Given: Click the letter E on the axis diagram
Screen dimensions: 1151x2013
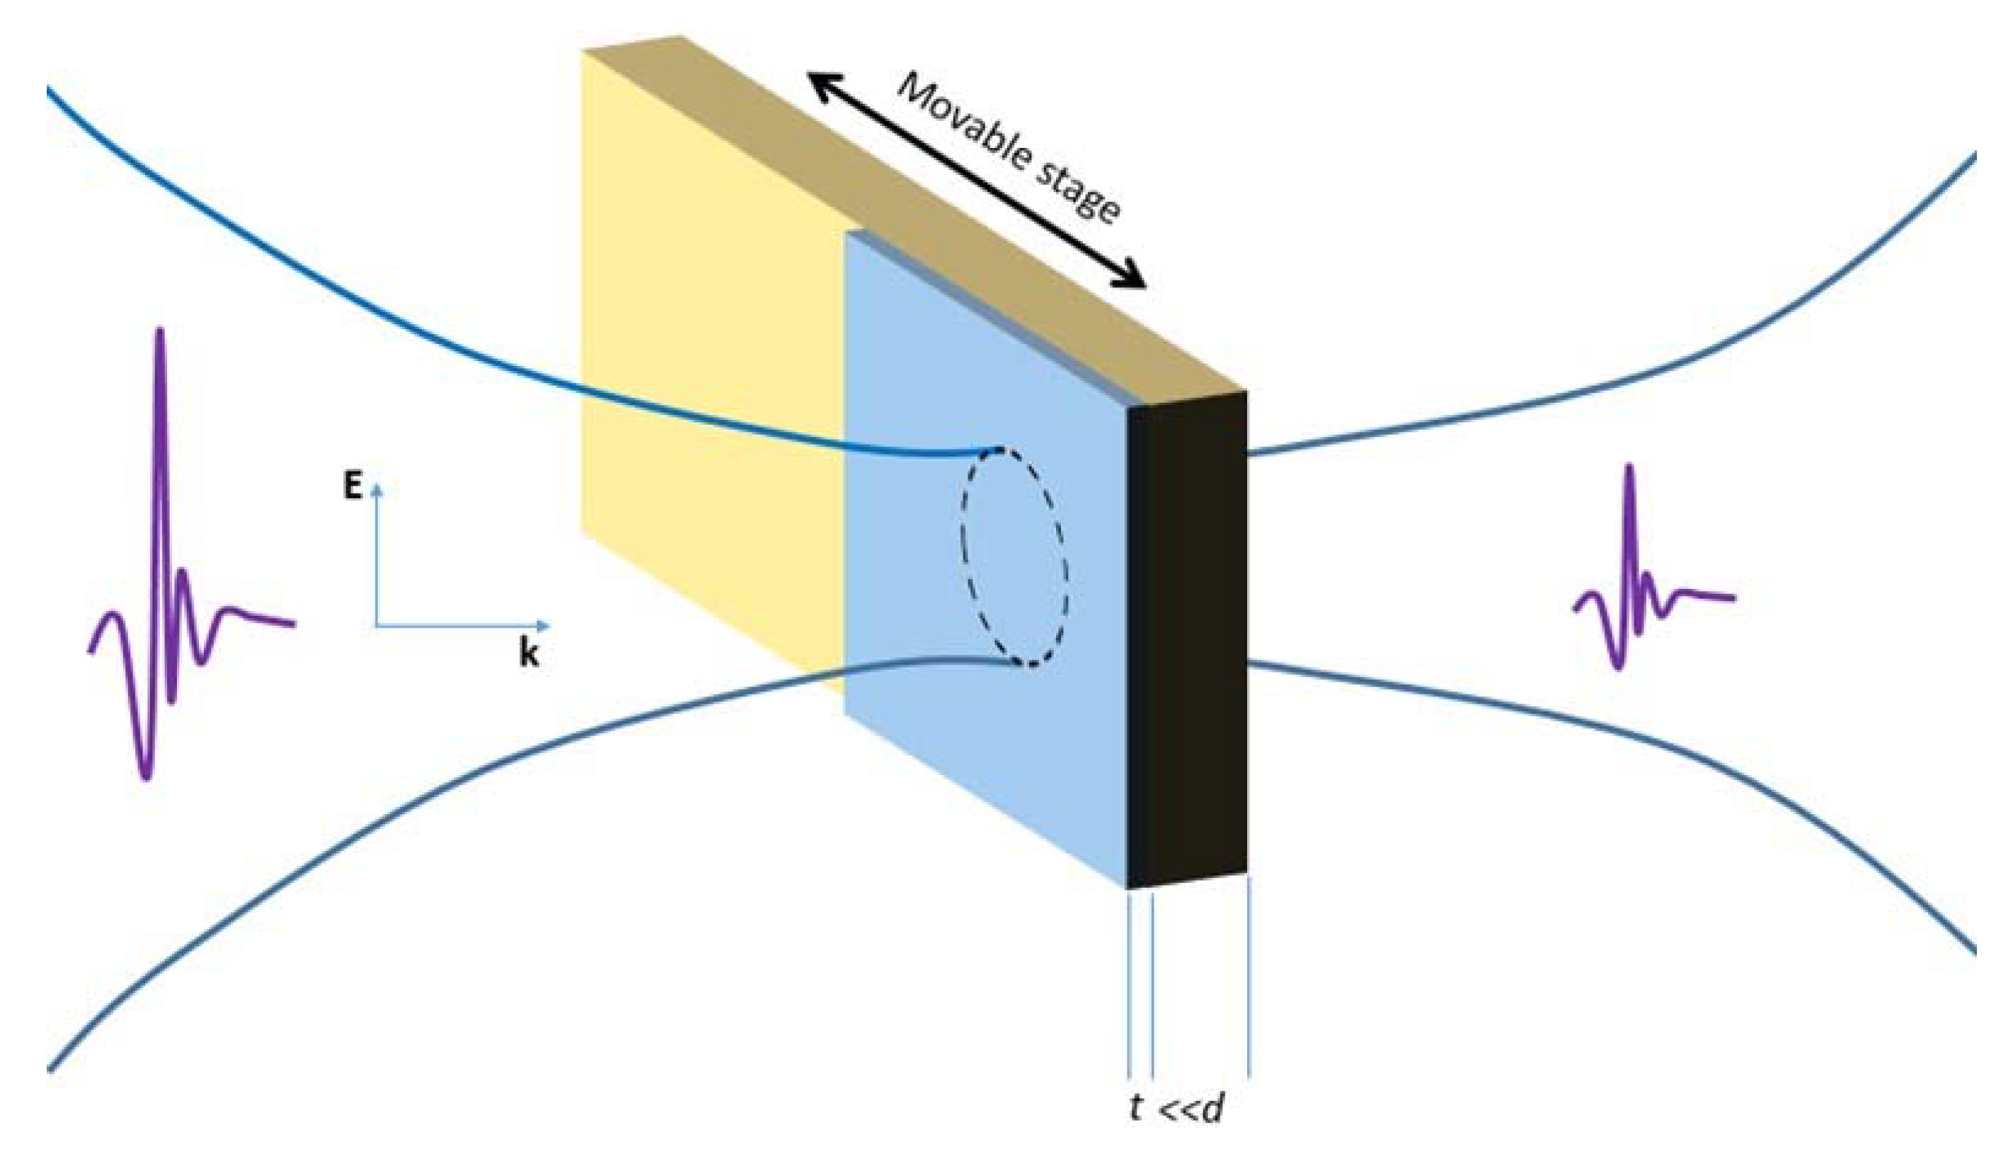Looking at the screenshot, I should (x=352, y=486).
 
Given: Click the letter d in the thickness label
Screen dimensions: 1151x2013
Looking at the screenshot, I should (x=1212, y=1109).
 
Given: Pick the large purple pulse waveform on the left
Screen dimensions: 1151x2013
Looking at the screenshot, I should (x=162, y=554).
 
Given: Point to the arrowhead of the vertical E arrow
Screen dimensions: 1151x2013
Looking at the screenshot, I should (x=377, y=488).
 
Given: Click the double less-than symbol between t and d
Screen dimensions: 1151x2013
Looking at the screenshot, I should (x=1174, y=1109).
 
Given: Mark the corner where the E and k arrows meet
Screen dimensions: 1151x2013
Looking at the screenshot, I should (x=377, y=626).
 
